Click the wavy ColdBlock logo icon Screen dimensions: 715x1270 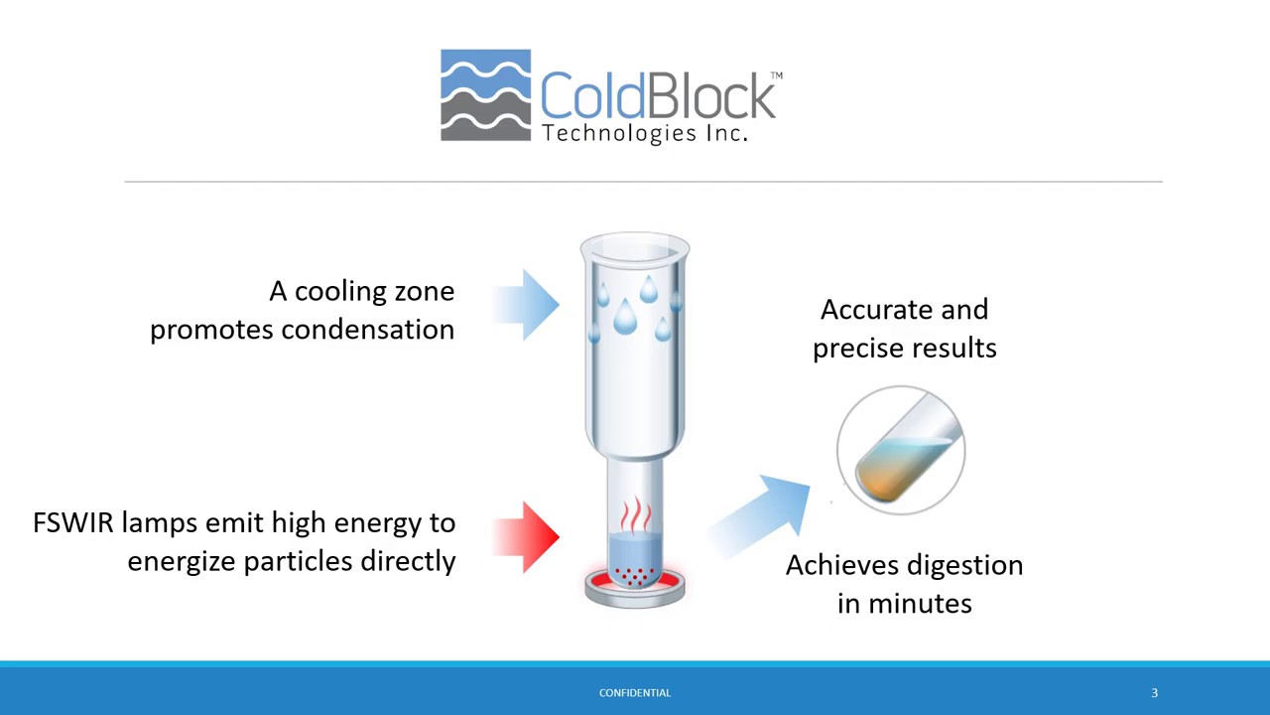485,95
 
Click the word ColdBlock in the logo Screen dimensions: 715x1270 656,96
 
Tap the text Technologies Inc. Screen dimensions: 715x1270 644,133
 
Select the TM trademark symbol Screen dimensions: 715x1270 776,75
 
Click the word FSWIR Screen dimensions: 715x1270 72,523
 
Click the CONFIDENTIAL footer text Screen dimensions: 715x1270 635,693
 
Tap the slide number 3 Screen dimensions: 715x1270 1154,693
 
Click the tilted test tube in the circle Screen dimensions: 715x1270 901,453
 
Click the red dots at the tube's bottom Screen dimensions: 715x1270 635,574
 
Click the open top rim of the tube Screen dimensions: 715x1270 635,242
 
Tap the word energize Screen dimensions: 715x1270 182,561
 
